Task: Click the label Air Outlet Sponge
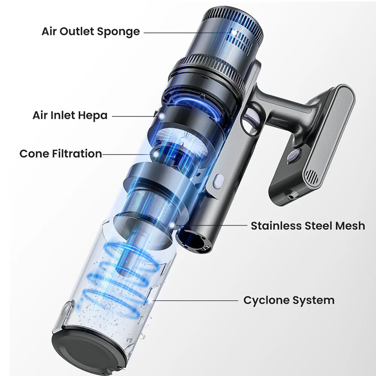pyautogui.click(x=91, y=32)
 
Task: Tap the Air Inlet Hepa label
pyautogui.click(x=70, y=115)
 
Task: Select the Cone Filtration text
pyautogui.click(x=61, y=154)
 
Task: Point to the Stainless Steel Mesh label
pyautogui.click(x=308, y=226)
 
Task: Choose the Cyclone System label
pyautogui.click(x=289, y=300)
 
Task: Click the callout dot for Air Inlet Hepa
pyautogui.click(x=162, y=116)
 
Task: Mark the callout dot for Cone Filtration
pyautogui.click(x=156, y=154)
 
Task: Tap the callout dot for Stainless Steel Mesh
pyautogui.click(x=172, y=225)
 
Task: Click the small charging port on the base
pyautogui.click(x=291, y=197)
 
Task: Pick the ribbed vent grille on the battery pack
pyautogui.click(x=311, y=177)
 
